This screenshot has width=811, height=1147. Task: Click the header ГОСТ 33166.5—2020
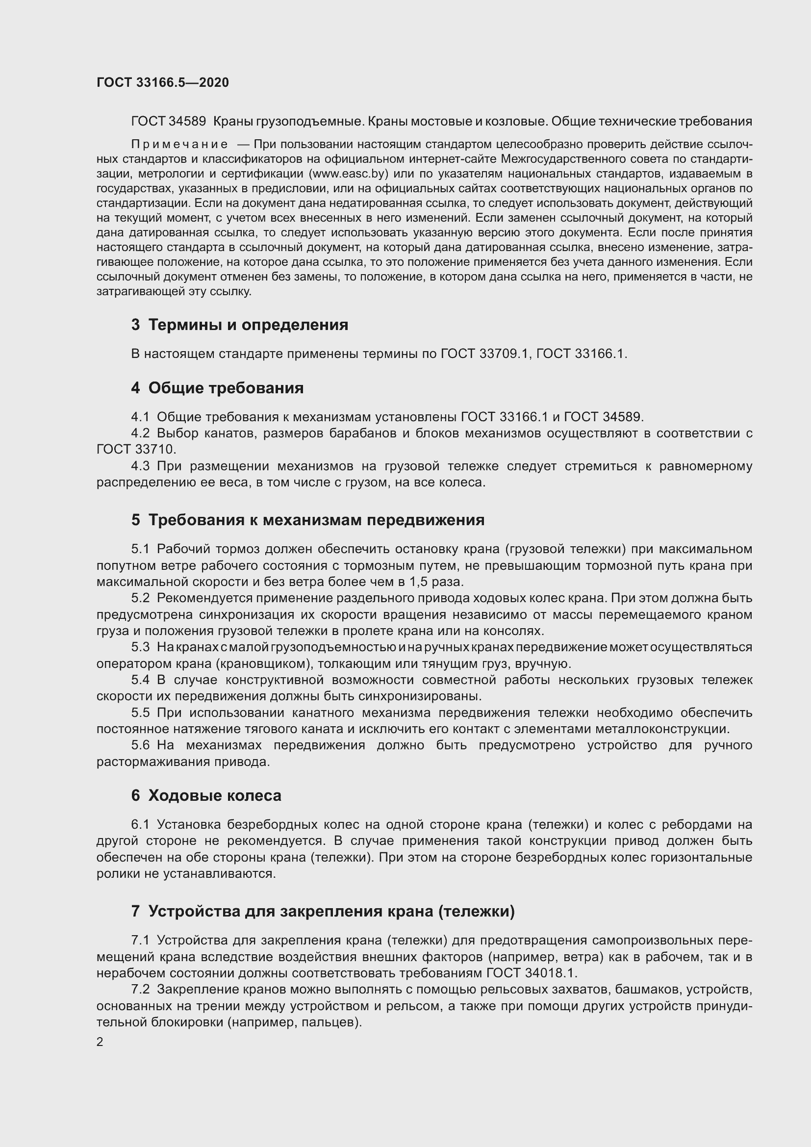tap(162, 82)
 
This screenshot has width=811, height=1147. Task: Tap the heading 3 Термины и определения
tap(240, 325)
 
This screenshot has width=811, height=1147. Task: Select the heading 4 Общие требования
tap(217, 388)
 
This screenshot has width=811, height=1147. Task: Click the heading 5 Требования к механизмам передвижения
tap(307, 519)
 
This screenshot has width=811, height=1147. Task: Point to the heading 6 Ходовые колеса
tap(206, 795)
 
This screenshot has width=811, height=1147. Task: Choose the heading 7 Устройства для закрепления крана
tap(323, 911)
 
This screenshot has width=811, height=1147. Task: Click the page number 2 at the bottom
tap(100, 1042)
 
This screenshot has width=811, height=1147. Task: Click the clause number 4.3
tap(140, 466)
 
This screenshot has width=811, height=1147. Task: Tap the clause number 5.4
tap(140, 680)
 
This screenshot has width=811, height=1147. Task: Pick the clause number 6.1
tap(140, 824)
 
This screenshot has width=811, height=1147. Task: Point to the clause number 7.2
tap(140, 990)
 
